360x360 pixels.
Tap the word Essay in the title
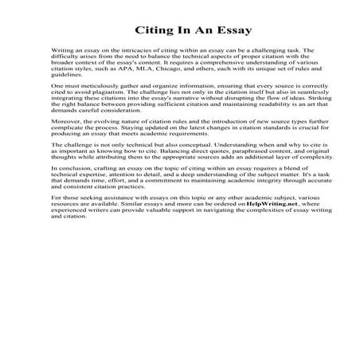coord(229,31)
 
